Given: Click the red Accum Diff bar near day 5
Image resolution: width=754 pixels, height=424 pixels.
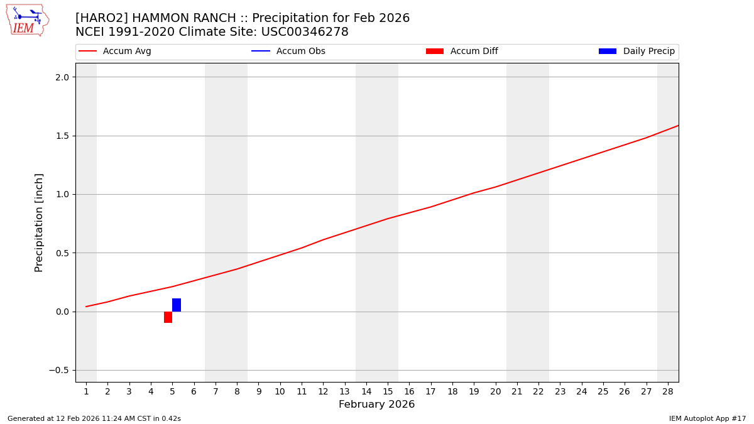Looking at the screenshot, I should [168, 317].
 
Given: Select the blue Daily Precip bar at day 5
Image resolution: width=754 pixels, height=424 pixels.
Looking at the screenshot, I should [177, 305].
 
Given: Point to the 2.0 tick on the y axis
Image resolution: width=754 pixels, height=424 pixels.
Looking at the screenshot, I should [62, 77].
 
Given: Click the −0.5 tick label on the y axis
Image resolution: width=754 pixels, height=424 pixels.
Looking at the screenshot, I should [58, 371].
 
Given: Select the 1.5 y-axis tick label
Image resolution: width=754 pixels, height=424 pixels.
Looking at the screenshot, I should [62, 136].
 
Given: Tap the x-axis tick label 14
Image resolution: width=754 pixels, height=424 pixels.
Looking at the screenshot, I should [366, 392].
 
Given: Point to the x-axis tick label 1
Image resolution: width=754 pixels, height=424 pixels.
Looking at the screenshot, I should [86, 392].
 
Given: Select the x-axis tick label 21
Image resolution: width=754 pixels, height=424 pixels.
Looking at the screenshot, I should [517, 392].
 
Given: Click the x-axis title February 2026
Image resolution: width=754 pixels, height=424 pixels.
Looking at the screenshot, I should [376, 405].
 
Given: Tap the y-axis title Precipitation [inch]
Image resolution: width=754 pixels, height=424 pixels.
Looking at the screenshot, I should [39, 222].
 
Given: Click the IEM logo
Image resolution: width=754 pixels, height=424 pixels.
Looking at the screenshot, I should [27, 20].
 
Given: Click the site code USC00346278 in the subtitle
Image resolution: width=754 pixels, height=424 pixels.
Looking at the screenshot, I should [305, 32].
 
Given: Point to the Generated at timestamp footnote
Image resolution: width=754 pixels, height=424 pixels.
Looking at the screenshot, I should [94, 419].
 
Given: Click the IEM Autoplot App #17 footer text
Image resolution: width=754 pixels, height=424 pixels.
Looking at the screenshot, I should [708, 419].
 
